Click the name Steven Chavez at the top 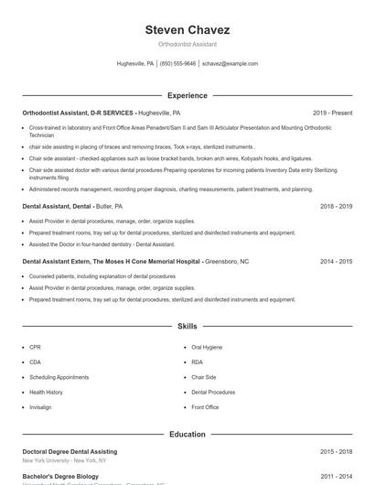(x=187, y=30)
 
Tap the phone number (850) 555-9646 (x=177, y=64)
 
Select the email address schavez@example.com (x=230, y=64)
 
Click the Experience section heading (x=187, y=95)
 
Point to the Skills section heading (x=187, y=326)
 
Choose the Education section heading (x=187, y=434)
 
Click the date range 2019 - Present (x=332, y=113)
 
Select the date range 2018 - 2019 (x=337, y=207)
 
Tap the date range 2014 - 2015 (x=337, y=261)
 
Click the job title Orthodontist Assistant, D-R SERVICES (x=78, y=113)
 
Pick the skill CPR (x=35, y=348)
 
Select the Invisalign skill (x=40, y=407)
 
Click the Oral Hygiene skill (x=207, y=348)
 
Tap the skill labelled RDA (x=198, y=362)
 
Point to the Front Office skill (x=205, y=407)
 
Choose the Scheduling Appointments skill (x=59, y=377)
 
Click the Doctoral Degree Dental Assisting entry (x=70, y=451)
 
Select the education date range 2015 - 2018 (x=337, y=451)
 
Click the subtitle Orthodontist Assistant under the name (x=187, y=44)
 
